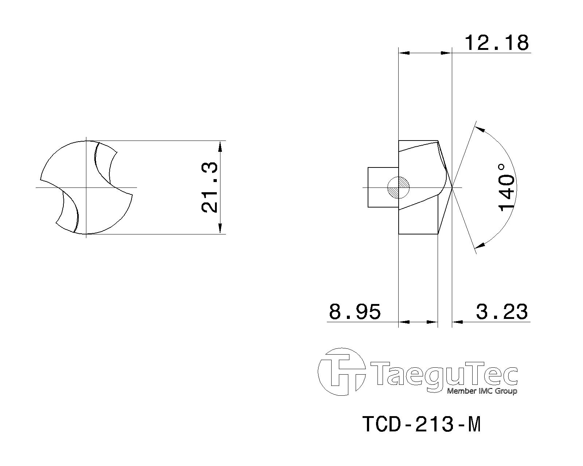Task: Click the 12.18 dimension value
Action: (496, 43)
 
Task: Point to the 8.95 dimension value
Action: (355, 312)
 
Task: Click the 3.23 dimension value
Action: (502, 312)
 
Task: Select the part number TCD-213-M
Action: (422, 424)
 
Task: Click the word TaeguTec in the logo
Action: (443, 374)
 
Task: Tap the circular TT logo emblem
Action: (341, 372)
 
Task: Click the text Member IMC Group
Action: (482, 391)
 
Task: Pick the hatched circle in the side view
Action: (399, 187)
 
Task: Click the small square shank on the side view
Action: (383, 187)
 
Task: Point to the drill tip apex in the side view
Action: (452, 187)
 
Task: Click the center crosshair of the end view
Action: (86, 187)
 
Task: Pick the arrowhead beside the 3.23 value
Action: (457, 322)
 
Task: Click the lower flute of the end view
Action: (69, 213)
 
